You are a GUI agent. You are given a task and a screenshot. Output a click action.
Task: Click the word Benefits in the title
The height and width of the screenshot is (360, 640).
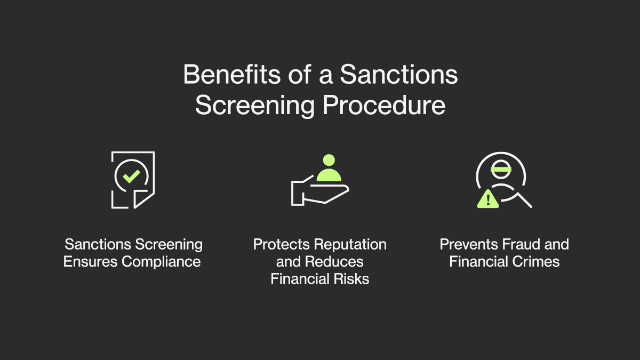click(x=231, y=74)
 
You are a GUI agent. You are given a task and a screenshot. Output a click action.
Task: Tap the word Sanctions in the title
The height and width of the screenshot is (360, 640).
click(x=399, y=74)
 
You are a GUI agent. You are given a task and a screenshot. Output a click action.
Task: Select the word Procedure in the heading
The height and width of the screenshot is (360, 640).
click(x=384, y=106)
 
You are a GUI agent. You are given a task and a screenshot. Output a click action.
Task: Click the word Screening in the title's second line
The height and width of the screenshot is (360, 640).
click(x=255, y=106)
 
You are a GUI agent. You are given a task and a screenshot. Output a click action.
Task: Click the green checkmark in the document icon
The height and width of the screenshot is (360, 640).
click(x=131, y=177)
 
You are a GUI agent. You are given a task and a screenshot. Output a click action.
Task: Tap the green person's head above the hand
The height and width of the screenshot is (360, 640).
click(x=329, y=160)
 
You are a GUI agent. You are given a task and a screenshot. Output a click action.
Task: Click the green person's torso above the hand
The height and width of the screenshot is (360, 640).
click(x=329, y=175)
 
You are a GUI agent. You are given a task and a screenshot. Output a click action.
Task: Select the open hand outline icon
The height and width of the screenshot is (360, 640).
click(x=319, y=191)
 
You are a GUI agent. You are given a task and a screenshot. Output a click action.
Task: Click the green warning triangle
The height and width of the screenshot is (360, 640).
click(x=488, y=199)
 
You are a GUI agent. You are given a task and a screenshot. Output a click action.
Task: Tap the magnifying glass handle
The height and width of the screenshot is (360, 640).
click(x=525, y=201)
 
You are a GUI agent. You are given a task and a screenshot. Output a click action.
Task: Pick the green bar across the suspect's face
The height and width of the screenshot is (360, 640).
click(x=501, y=169)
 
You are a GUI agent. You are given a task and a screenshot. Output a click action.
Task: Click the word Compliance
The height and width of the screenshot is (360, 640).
click(x=161, y=262)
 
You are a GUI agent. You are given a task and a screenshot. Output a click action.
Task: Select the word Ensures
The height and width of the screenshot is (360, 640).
click(x=90, y=262)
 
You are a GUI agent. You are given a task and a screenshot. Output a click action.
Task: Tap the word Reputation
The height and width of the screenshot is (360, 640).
click(x=350, y=245)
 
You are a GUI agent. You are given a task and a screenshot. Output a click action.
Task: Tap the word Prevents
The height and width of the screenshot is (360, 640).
click(x=469, y=244)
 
